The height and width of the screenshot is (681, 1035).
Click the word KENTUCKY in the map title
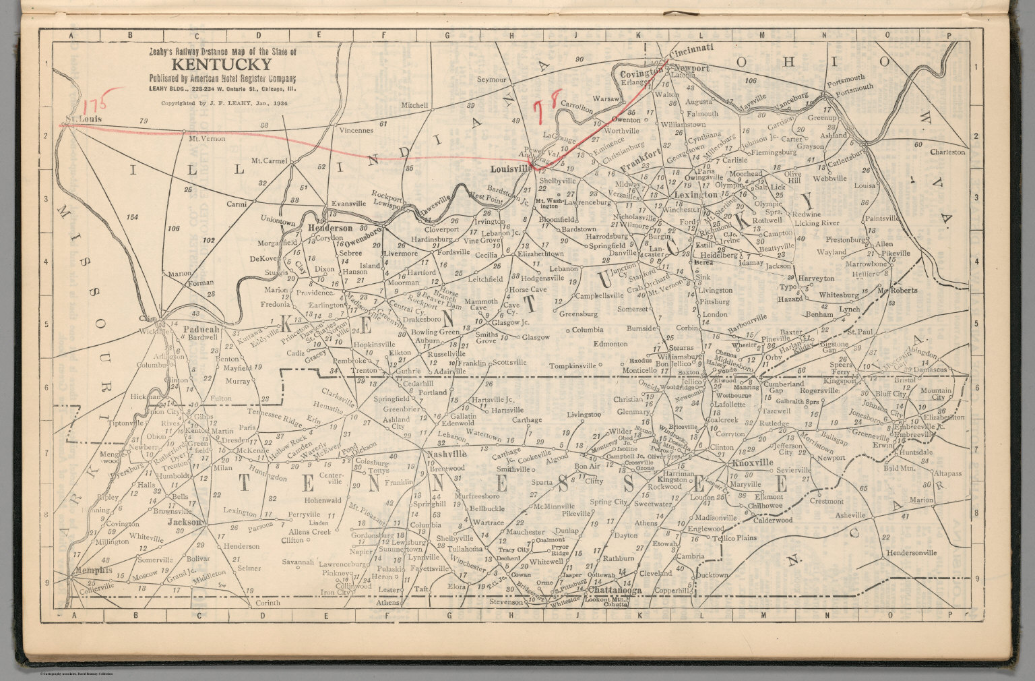tap(222, 65)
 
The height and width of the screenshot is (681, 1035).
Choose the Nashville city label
tap(447, 454)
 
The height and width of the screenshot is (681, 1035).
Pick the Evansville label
tap(348, 203)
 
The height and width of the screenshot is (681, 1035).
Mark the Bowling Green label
tap(435, 332)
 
